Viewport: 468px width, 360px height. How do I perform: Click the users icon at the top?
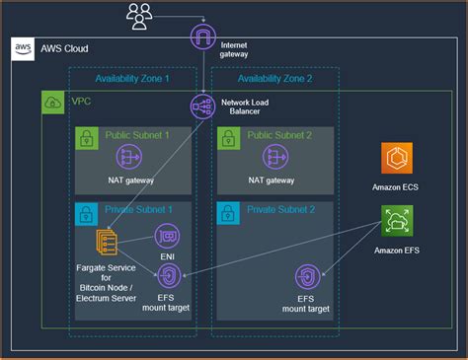(141, 15)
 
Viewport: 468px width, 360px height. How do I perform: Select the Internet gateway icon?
(203, 38)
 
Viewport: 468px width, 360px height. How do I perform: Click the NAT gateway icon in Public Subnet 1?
(130, 157)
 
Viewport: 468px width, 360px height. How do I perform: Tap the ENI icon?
(167, 238)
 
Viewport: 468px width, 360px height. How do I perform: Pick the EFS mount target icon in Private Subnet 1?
(170, 275)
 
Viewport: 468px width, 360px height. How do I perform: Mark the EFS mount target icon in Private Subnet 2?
(307, 277)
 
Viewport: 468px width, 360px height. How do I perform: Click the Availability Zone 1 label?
(131, 78)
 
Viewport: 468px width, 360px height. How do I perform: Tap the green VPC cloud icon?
(49, 102)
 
